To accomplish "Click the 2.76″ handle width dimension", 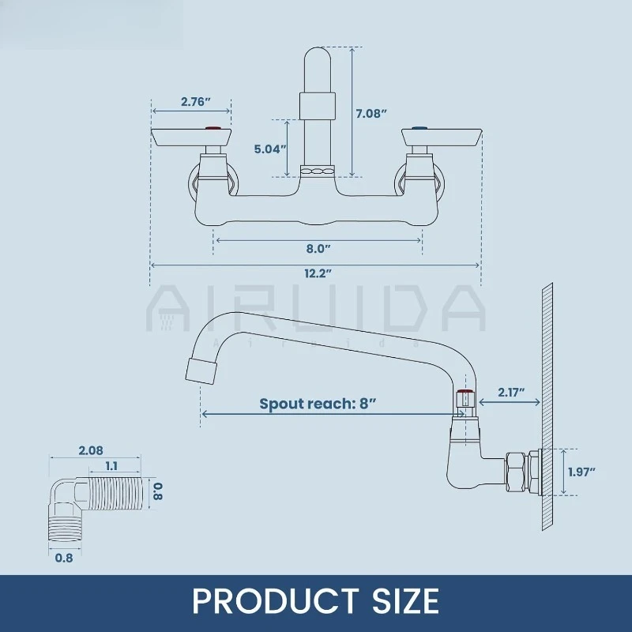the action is click(x=196, y=102).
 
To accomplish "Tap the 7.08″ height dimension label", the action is click(x=371, y=114).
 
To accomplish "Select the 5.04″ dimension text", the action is click(x=270, y=149).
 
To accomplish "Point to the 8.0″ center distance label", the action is click(x=318, y=249).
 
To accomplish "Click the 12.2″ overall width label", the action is click(x=318, y=273).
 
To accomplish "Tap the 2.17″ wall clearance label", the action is click(x=511, y=392).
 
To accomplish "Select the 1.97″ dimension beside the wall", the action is click(x=581, y=472).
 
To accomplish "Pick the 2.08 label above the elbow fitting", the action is click(x=91, y=450).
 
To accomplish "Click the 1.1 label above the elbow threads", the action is click(x=111, y=466).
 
